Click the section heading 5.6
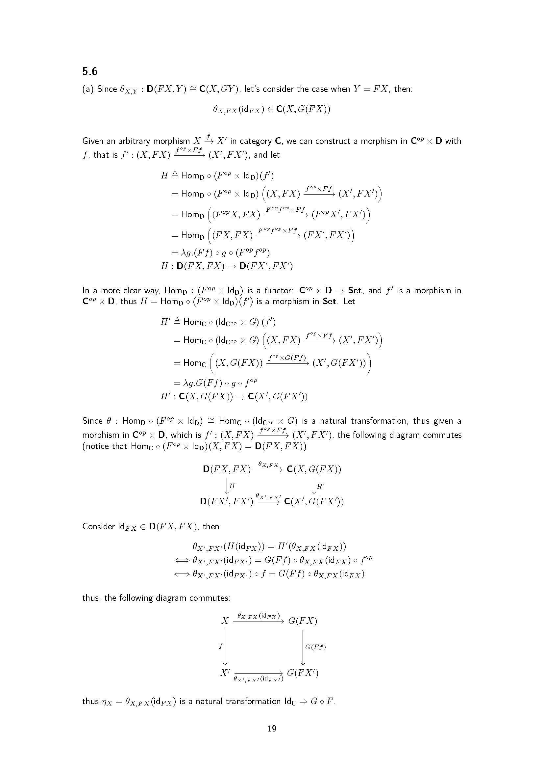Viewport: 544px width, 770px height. pyautogui.click(x=90, y=71)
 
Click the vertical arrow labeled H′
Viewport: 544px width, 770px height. pyautogui.click(x=314, y=486)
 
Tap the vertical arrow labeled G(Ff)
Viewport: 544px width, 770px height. pyautogui.click(x=303, y=647)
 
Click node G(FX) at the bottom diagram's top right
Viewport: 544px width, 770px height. pyautogui.click(x=302, y=621)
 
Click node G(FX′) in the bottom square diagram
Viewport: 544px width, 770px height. pyautogui.click(x=303, y=673)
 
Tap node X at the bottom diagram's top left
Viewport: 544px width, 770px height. pyautogui.click(x=225, y=621)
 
